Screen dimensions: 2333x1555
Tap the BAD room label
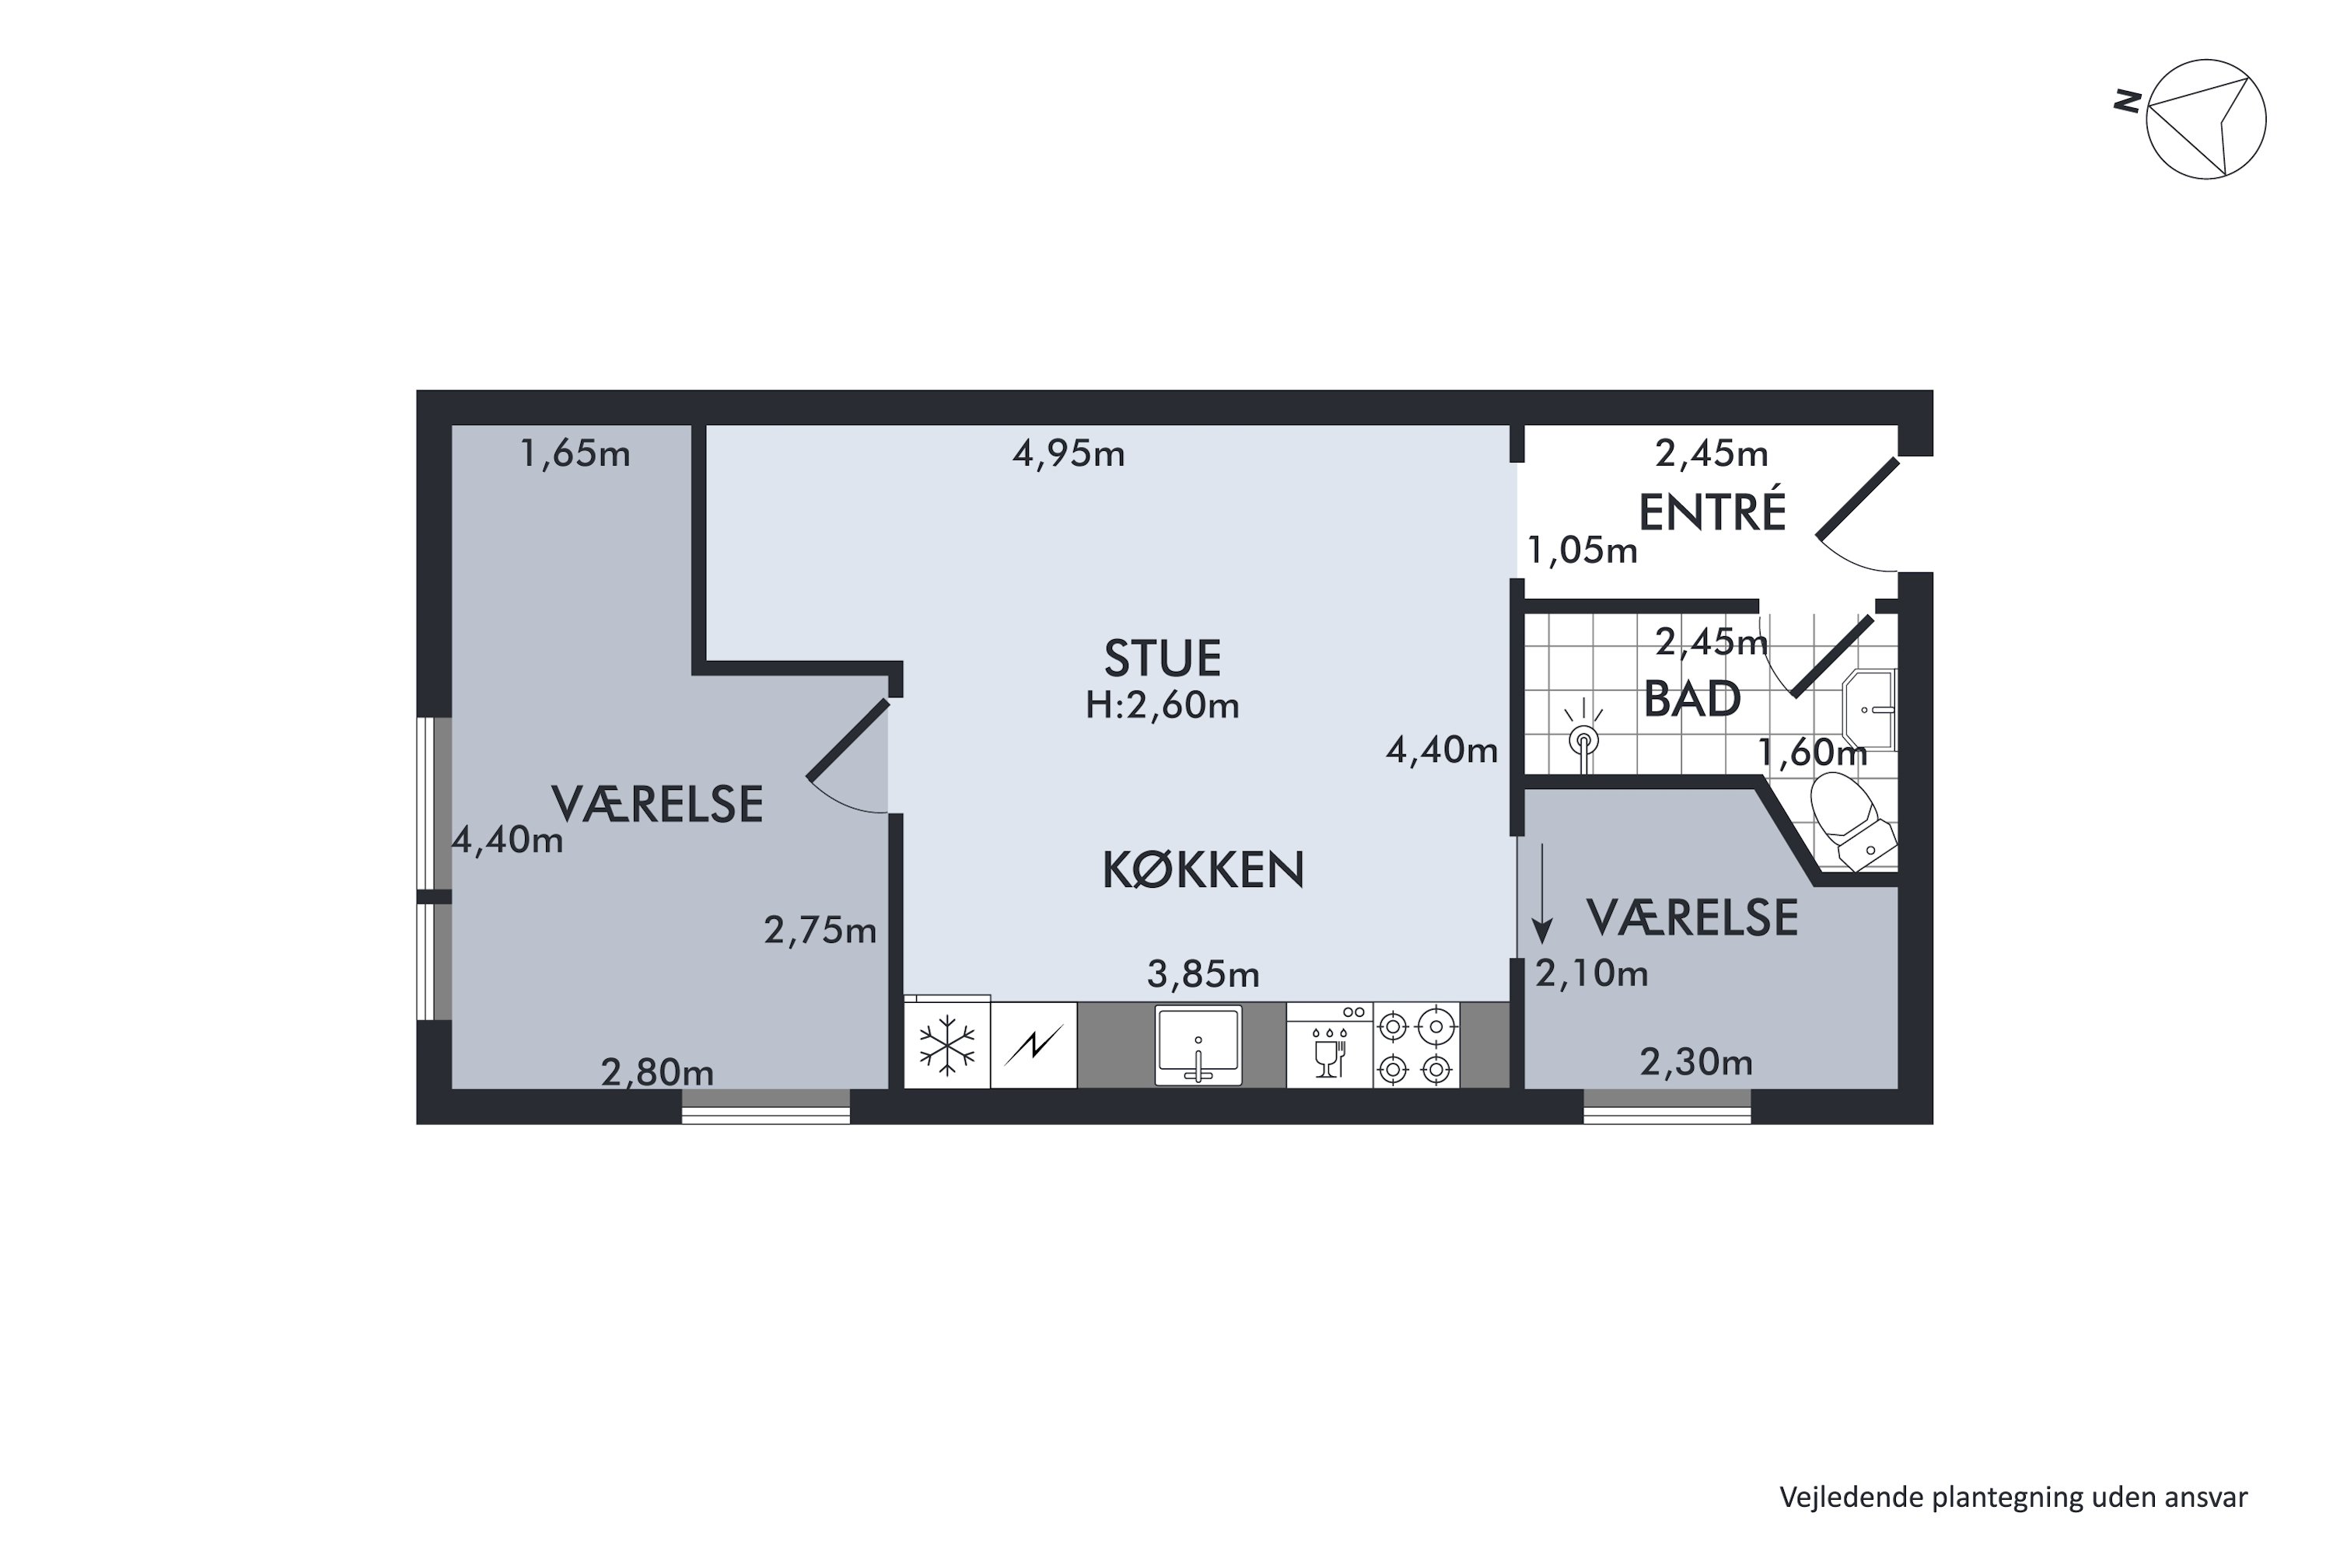[1692, 699]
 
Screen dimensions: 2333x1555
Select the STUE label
[1163, 659]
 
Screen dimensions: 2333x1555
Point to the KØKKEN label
[1203, 870]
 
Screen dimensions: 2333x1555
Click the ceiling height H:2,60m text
[1163, 705]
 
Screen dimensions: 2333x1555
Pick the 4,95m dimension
[1069, 453]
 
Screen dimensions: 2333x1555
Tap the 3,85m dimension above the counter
[1203, 975]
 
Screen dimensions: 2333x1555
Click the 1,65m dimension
[575, 453]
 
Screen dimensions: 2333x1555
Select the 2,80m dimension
[656, 1072]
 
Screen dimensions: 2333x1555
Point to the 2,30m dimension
[1696, 1063]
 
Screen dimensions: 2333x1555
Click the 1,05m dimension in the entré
[1582, 550]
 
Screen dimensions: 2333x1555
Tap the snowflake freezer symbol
[947, 1045]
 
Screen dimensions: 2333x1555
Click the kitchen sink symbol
[1198, 1044]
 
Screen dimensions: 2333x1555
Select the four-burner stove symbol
[1415, 1045]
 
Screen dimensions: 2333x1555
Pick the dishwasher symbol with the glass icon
[1329, 1045]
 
